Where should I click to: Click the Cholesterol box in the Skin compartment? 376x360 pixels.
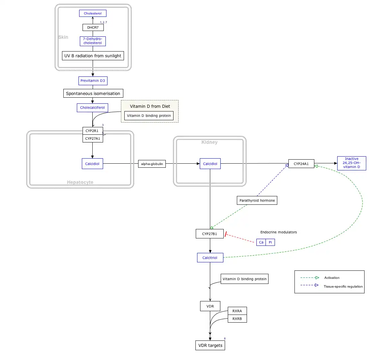93,13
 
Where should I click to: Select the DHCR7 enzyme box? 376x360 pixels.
93,27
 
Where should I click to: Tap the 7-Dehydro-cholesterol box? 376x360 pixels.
93,41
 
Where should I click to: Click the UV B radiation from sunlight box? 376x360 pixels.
93,56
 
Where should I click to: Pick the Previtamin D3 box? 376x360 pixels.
93,81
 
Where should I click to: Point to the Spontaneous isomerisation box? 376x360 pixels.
93,93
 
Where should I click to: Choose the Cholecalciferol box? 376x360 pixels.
92,108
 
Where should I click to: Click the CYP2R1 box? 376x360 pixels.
93,131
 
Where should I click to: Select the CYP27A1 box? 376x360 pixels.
93,138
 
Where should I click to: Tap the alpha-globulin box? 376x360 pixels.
152,164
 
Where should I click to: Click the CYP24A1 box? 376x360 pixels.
301,164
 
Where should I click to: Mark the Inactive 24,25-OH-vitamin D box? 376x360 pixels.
352,163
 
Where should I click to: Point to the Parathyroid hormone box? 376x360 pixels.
257,200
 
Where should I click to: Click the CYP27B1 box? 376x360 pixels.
210,234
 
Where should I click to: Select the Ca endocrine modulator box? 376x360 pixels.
261,242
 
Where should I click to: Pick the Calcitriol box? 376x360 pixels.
210,258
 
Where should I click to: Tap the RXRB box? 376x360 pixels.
237,318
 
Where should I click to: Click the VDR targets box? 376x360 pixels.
210,346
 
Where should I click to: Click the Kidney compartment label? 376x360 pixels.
210,142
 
